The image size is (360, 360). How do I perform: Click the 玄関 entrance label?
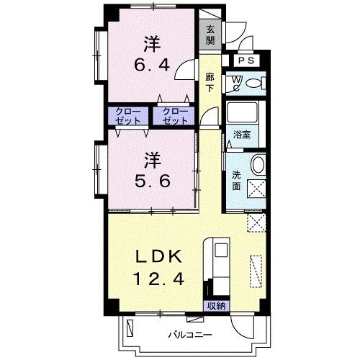tap(210, 35)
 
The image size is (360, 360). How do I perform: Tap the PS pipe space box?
tap(246, 60)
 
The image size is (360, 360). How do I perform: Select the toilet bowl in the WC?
tap(254, 83)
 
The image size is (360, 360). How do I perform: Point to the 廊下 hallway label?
tap(210, 83)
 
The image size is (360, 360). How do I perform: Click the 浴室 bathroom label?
tap(242, 135)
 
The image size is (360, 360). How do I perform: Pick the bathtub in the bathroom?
tap(242, 112)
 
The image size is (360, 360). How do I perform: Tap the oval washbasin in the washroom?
tap(258, 164)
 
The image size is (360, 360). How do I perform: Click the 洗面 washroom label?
tap(236, 181)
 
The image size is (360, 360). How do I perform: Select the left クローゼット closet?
tap(128, 116)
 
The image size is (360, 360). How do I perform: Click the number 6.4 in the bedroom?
tap(152, 65)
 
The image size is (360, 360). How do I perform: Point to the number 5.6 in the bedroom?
tap(153, 181)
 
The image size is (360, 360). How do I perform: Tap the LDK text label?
tap(158, 256)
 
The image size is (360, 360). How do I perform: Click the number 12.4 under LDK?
tap(158, 279)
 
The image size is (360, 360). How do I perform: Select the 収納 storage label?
tap(217, 306)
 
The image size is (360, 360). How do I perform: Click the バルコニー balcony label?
tap(190, 335)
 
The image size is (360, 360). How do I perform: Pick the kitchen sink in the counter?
tap(221, 250)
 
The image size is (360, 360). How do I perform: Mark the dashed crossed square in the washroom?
tap(256, 189)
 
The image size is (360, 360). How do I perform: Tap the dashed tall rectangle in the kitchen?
tap(256, 271)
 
